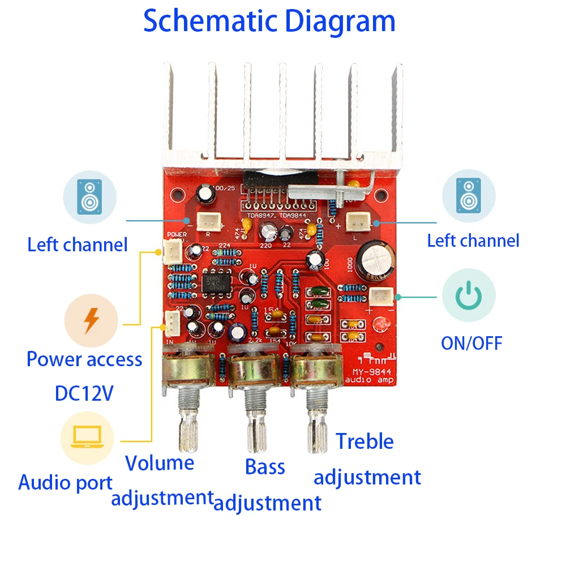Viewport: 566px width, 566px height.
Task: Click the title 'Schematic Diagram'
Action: [x=269, y=21]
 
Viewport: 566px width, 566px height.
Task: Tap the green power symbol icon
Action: [x=468, y=295]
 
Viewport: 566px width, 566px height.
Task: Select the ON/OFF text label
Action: [x=471, y=343]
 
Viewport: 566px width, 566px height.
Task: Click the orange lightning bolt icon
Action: [x=91, y=321]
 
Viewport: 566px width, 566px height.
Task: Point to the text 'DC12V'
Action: [x=84, y=393]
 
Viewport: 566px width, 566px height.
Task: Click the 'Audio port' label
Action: [x=66, y=483]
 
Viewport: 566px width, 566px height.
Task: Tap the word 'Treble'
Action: [x=365, y=441]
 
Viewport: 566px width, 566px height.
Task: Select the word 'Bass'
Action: [x=265, y=467]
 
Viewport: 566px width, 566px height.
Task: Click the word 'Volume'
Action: [x=160, y=463]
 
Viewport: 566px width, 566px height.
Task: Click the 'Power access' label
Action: [x=84, y=359]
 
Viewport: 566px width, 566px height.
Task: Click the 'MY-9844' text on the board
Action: [x=370, y=372]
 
